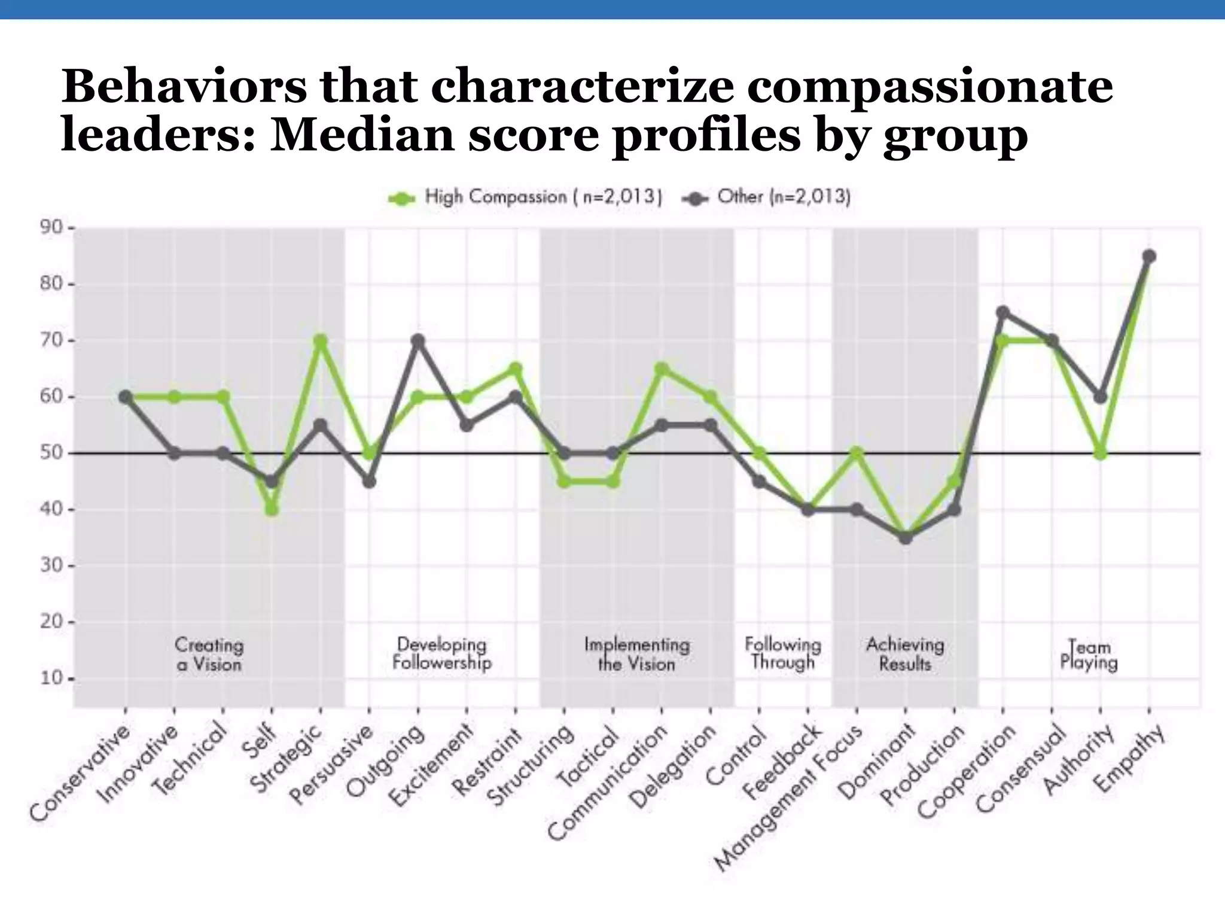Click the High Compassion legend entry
(525, 197)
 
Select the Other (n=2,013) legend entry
(767, 197)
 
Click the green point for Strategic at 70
(321, 341)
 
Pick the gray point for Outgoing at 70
(418, 341)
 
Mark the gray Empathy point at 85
(1149, 256)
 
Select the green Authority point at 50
(1100, 453)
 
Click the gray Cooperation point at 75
(1003, 312)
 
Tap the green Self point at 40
(272, 509)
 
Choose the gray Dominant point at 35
(906, 537)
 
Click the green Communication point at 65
(662, 369)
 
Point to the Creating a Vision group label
(209, 654)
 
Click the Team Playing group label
(1089, 654)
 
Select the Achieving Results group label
(905, 654)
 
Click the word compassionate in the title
(930, 86)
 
